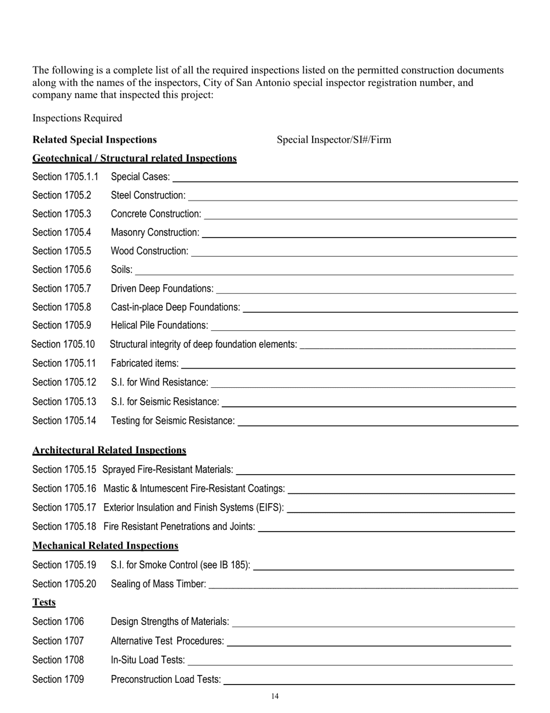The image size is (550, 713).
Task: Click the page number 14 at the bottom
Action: (x=275, y=696)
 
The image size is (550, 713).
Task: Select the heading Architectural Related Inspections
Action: (x=109, y=450)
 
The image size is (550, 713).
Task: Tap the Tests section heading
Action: (x=44, y=602)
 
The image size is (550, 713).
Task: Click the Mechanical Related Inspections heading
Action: (x=105, y=545)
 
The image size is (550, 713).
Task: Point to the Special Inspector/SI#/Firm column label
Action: (x=333, y=140)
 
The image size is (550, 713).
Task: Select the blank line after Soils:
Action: (x=324, y=272)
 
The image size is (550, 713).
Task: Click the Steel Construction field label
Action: (x=148, y=195)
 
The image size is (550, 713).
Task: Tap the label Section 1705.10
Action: (x=63, y=344)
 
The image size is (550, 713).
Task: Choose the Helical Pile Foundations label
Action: (x=159, y=325)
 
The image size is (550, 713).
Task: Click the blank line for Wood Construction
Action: (x=354, y=254)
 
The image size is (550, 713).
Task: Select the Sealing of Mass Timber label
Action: (x=158, y=584)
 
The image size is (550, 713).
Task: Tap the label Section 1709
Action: (x=58, y=679)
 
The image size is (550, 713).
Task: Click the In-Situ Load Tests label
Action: (x=148, y=660)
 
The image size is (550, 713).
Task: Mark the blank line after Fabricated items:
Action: (x=348, y=367)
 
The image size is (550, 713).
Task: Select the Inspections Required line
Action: (x=77, y=118)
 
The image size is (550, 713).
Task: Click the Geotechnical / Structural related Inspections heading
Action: (x=134, y=158)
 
